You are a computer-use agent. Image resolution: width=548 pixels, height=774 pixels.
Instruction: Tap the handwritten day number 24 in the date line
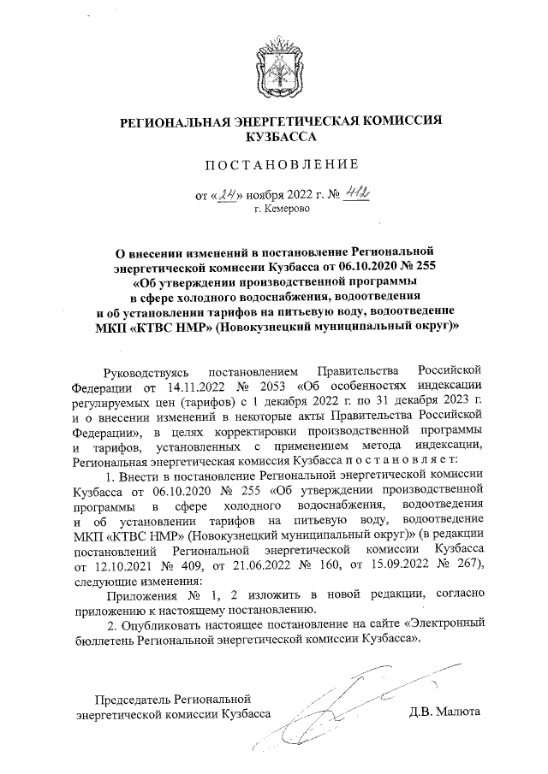[x=229, y=194]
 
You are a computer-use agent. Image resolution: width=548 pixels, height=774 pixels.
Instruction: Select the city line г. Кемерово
[x=279, y=209]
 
